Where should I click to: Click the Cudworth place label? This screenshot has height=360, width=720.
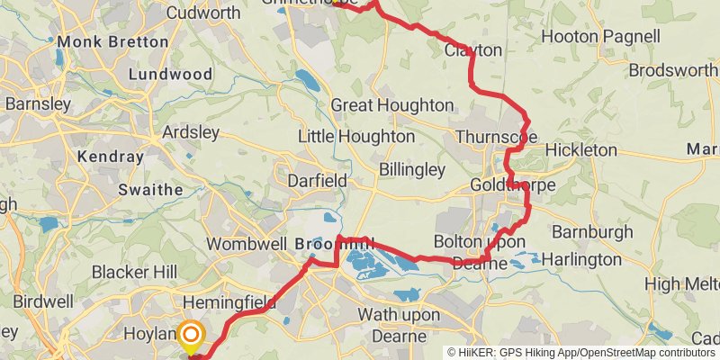click(203, 13)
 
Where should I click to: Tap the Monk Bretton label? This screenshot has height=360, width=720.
click(112, 41)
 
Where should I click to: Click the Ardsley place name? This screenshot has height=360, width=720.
click(190, 132)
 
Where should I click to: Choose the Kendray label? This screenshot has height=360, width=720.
click(111, 157)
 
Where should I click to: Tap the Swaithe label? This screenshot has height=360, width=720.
click(150, 190)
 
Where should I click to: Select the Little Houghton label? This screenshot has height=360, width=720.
click(356, 137)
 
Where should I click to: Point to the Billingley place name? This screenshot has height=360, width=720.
click(412, 169)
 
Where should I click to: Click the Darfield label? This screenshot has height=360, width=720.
click(317, 181)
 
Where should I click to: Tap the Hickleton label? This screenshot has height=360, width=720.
click(581, 149)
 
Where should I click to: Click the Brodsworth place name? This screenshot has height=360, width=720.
click(673, 70)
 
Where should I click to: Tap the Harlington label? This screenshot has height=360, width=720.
click(585, 259)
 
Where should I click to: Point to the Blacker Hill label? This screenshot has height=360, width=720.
click(134, 273)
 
